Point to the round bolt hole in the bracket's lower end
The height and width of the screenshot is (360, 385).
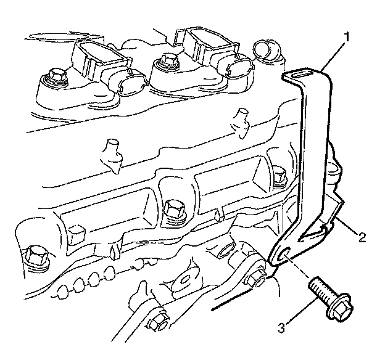pyautogui.click(x=283, y=256)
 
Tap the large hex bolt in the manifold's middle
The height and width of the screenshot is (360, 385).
pyautogui.click(x=174, y=207)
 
